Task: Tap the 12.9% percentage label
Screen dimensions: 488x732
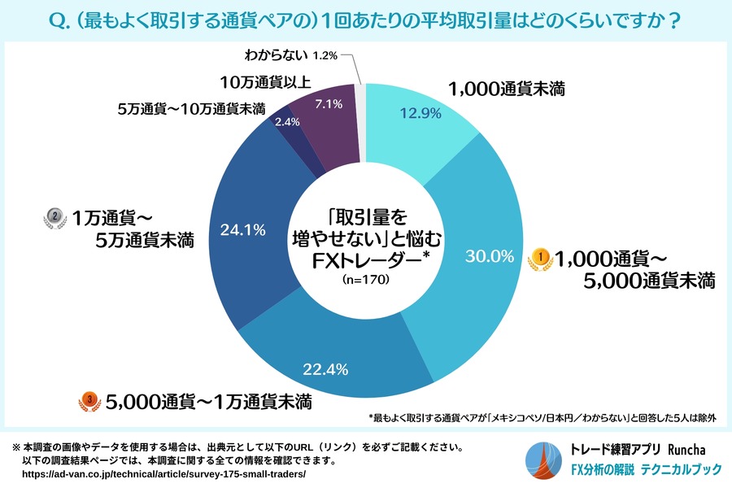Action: click(x=419, y=114)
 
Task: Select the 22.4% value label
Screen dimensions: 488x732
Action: click(x=325, y=369)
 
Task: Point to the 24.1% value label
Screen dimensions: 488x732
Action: click(x=243, y=229)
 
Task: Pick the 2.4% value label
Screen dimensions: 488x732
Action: click(x=288, y=121)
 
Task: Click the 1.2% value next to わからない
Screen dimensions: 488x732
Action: click(x=325, y=55)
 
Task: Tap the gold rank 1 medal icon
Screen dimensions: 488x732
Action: click(x=542, y=258)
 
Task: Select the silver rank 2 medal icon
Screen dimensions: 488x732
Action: click(x=54, y=217)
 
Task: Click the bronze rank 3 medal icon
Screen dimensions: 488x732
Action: click(x=87, y=399)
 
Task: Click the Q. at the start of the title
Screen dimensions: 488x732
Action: click(x=61, y=18)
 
